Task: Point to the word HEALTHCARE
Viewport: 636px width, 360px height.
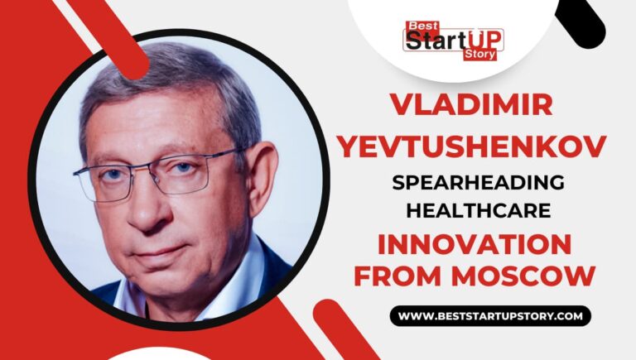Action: click(478, 212)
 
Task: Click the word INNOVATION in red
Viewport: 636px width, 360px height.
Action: click(475, 244)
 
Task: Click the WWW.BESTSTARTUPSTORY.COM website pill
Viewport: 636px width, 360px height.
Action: click(490, 316)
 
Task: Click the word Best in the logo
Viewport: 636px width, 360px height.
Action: click(419, 26)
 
